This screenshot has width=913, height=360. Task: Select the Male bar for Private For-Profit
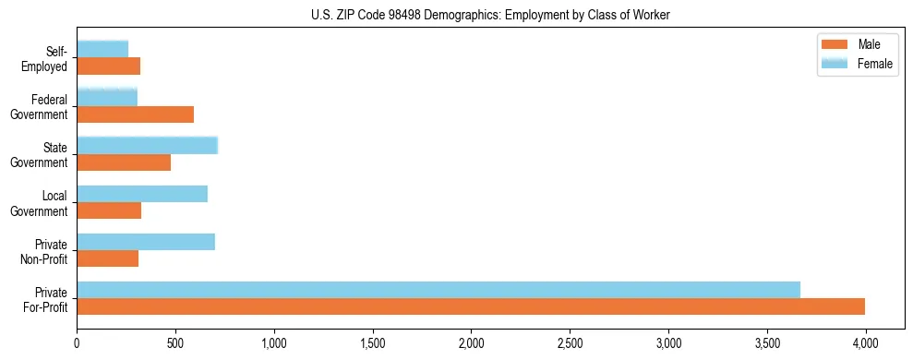point(471,306)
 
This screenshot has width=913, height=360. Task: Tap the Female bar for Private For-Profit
point(438,290)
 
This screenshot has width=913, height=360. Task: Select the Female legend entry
point(859,63)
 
